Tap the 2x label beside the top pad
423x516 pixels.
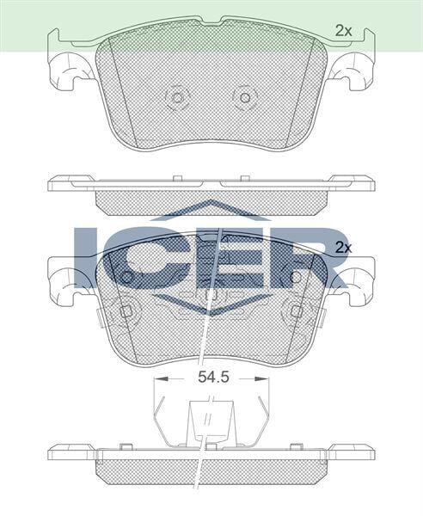click(344, 30)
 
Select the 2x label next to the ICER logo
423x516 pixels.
click(344, 247)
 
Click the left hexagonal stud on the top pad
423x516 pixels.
click(178, 96)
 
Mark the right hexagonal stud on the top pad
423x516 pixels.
click(245, 96)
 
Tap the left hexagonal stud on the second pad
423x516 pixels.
click(127, 310)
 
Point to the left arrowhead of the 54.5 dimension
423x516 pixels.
click(156, 378)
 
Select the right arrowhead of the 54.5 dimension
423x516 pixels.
click(264, 378)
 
